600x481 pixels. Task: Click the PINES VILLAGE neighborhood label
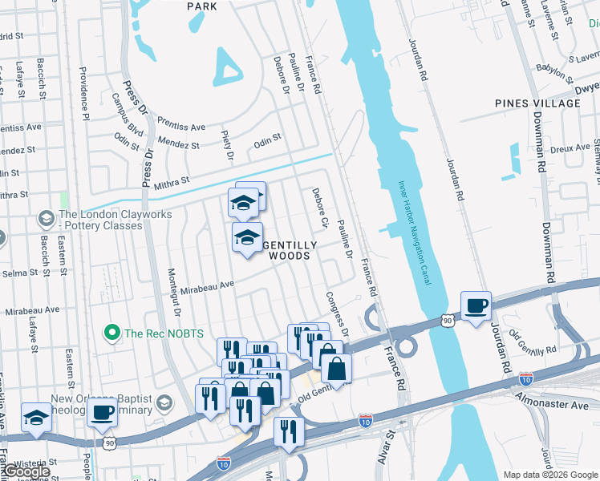[x=537, y=103]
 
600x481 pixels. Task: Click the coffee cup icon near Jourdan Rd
[x=476, y=305]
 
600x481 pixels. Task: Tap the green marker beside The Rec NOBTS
[x=111, y=332]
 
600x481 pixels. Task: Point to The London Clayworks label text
[x=100, y=220]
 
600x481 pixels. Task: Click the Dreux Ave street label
[x=570, y=148]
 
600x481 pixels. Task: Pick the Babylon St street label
[x=551, y=71]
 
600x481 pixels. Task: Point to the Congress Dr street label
[x=338, y=313]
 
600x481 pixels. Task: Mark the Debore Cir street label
[x=320, y=208]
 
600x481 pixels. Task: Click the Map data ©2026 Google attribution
[x=549, y=475]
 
